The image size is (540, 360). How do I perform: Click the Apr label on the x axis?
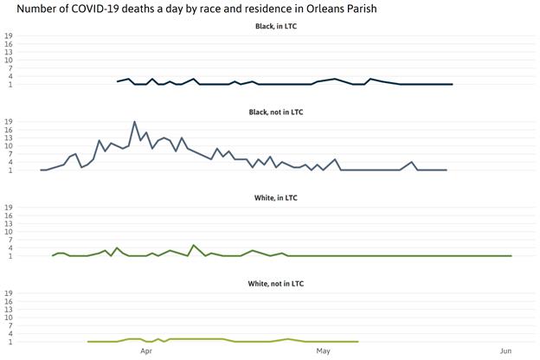[146, 351]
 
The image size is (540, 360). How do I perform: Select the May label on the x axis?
[324, 351]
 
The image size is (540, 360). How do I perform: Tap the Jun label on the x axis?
[505, 351]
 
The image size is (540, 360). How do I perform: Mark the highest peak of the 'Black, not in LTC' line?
[134, 122]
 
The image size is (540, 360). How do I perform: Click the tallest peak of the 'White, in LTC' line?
[193, 246]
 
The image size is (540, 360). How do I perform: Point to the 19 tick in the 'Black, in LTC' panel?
[9, 36]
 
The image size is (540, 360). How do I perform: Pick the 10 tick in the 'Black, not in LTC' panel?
[9, 146]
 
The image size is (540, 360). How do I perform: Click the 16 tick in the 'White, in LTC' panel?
[9, 216]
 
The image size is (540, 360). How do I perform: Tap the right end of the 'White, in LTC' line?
[511, 255]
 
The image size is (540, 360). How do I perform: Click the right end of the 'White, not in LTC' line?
[357, 342]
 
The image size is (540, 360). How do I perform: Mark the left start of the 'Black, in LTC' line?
[117, 81]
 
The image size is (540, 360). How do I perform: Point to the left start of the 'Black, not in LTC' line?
[41, 170]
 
